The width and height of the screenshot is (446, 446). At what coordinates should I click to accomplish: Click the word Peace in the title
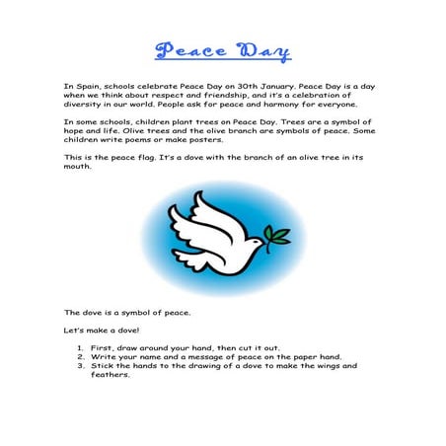tap(189, 50)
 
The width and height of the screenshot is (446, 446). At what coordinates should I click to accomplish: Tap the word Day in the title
tap(260, 50)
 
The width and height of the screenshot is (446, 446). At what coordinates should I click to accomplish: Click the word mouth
tap(78, 166)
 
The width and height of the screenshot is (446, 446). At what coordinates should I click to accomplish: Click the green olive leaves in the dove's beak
tap(280, 234)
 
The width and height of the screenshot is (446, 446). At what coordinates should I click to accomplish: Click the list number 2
tap(80, 356)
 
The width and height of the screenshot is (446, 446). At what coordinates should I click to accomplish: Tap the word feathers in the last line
tap(109, 374)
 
